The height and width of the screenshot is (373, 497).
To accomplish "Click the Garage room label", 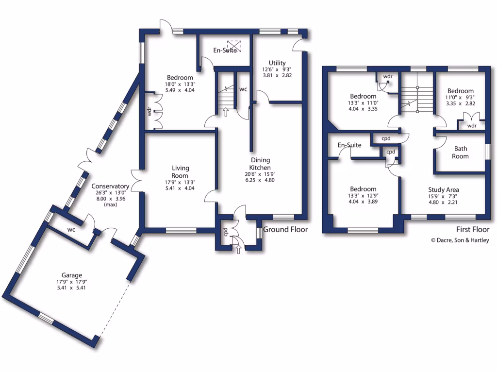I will [71, 275].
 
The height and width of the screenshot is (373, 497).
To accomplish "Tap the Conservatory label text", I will [110, 186].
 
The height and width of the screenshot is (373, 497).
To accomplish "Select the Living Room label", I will [180, 172].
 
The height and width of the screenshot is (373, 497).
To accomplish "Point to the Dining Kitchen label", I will [260, 164].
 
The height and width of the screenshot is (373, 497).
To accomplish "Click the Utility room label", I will [277, 63].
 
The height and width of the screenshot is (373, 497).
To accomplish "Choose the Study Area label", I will [443, 190].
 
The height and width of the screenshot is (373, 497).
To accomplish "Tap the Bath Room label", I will [461, 153].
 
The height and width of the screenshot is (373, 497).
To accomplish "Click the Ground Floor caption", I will [285, 230].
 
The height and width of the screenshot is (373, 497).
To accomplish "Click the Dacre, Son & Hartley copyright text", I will [460, 240].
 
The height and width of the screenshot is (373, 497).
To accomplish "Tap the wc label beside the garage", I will [71, 229].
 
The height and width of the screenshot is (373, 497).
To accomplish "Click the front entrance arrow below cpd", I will [238, 249].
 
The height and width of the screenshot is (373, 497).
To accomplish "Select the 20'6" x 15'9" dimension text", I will [260, 174].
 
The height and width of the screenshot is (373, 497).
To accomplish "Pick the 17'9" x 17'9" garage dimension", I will [71, 282].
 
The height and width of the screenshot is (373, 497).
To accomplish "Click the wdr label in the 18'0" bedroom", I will [149, 112].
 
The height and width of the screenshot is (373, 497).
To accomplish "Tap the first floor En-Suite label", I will [349, 145].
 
